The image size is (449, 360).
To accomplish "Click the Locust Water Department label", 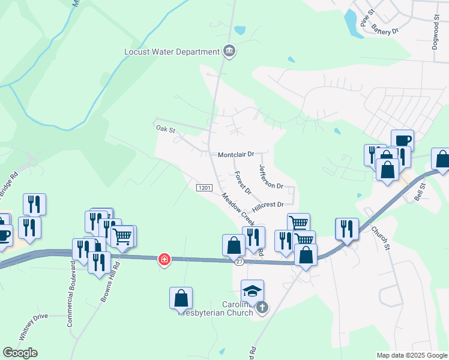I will click(x=172, y=52).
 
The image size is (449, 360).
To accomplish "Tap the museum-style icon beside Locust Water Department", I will click(x=229, y=52).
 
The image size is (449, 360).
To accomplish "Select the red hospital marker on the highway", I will click(x=164, y=259).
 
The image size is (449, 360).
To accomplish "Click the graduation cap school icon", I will click(x=253, y=292).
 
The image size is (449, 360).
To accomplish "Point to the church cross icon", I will click(x=261, y=308).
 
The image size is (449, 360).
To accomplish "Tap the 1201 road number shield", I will click(x=204, y=188).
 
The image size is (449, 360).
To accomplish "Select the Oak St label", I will click(x=165, y=128).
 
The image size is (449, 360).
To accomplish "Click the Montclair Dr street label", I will click(x=237, y=154).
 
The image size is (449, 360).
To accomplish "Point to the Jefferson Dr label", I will click(x=271, y=176).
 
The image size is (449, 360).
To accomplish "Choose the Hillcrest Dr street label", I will click(x=268, y=205).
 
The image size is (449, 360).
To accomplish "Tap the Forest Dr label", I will click(x=243, y=182).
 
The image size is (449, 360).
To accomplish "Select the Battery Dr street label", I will click(x=385, y=28).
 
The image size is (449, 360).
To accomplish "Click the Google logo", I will click(x=20, y=353).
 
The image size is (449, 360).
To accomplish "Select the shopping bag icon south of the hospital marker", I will click(x=181, y=298).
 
